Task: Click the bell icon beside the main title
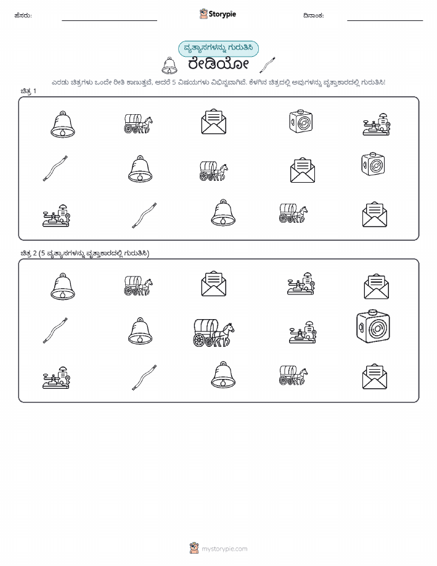pos(169,65)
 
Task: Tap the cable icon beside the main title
pos(268,65)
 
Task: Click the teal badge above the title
pos(218,48)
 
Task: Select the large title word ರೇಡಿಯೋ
pos(218,65)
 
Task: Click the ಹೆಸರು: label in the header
pos(23,15)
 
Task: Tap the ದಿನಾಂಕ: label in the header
pos(313,15)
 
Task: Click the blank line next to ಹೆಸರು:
pos(109,20)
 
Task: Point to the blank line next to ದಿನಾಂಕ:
pos(385,20)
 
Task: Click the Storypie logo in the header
pos(218,14)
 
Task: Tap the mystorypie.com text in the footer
pos(224,549)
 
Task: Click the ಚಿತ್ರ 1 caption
pos(28,91)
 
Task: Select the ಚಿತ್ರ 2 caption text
pos(84,253)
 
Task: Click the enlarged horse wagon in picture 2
pos(214,333)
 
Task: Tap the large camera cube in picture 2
pos(373,326)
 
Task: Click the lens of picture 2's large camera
pos(377,328)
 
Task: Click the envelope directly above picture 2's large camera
pos(377,286)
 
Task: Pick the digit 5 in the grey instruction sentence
pos(174,82)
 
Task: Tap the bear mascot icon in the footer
pos(194,548)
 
